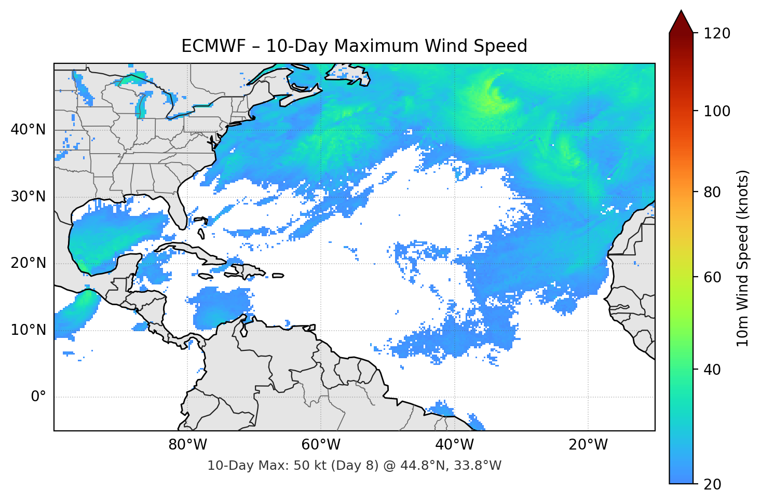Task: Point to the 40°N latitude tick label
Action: (x=28, y=130)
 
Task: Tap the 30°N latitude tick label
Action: (x=28, y=197)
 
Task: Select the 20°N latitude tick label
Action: (x=28, y=263)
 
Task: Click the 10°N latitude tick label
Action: (x=28, y=330)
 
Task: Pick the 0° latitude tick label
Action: (x=38, y=397)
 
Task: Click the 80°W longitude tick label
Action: (x=188, y=445)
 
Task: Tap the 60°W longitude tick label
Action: (x=321, y=445)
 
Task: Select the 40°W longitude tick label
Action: (x=455, y=445)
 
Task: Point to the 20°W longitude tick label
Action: (x=588, y=445)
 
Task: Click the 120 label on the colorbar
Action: (x=717, y=34)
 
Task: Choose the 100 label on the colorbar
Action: (x=717, y=111)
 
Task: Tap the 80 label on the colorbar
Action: (x=713, y=192)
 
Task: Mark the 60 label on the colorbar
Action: (x=713, y=277)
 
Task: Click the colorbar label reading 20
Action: (x=713, y=484)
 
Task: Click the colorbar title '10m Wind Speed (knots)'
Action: (x=743, y=259)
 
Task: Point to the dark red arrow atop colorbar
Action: (x=681, y=22)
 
